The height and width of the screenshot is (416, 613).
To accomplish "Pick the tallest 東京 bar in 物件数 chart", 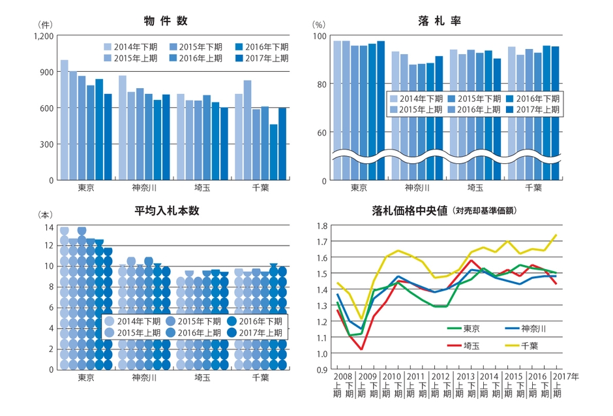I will [x=65, y=120].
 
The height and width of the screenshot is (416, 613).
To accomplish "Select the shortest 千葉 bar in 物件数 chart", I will [x=273, y=152].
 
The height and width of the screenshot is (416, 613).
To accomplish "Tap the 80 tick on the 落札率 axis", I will [x=320, y=84].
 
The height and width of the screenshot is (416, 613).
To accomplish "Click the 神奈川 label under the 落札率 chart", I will [x=417, y=188].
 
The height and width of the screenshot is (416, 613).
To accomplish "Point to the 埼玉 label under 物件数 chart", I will [x=203, y=188].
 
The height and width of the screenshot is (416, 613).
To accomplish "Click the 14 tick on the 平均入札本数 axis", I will [x=48, y=227].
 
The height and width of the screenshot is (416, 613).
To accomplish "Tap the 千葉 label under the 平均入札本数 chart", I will [x=261, y=378].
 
